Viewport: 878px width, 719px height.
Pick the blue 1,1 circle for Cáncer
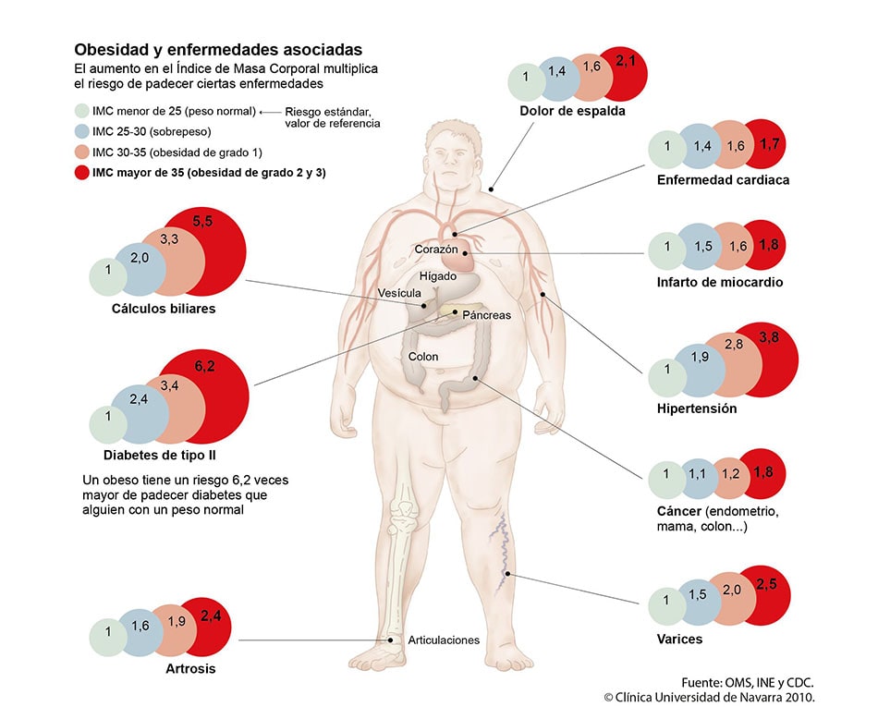(x=698, y=476)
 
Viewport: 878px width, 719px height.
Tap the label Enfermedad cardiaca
(x=723, y=180)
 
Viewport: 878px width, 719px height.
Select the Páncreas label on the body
(x=487, y=315)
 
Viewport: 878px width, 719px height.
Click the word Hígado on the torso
(x=437, y=276)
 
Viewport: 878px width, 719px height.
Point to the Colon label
(x=423, y=356)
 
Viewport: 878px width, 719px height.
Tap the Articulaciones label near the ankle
(x=444, y=640)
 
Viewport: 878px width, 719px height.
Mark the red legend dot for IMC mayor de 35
(x=81, y=173)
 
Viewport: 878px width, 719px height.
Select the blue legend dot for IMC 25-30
(x=81, y=131)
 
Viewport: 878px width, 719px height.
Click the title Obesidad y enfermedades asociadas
(x=218, y=49)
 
